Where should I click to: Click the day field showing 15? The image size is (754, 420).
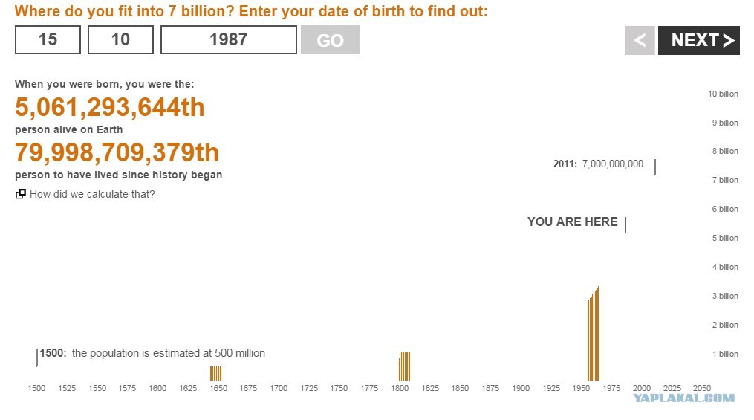48,39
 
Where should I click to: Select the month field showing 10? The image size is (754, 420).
120,39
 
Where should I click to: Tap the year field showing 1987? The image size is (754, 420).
228,39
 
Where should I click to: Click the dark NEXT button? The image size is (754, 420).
699,40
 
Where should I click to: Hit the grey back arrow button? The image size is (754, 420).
640,40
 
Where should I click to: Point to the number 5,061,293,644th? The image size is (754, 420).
110,107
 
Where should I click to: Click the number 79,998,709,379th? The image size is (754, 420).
117,152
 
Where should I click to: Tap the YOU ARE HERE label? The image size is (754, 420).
572,222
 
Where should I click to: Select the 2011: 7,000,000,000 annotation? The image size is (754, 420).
598,164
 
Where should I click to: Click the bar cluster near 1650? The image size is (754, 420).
216,373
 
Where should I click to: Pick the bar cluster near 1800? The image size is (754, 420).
404,366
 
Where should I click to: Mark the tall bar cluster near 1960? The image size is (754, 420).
594,334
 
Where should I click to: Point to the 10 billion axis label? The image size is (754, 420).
723,94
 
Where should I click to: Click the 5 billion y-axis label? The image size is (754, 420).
725,238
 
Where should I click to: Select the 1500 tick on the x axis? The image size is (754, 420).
36,388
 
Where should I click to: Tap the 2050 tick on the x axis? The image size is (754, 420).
701,388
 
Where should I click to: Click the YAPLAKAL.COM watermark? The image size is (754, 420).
683,398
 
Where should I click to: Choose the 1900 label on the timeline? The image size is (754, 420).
520,388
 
